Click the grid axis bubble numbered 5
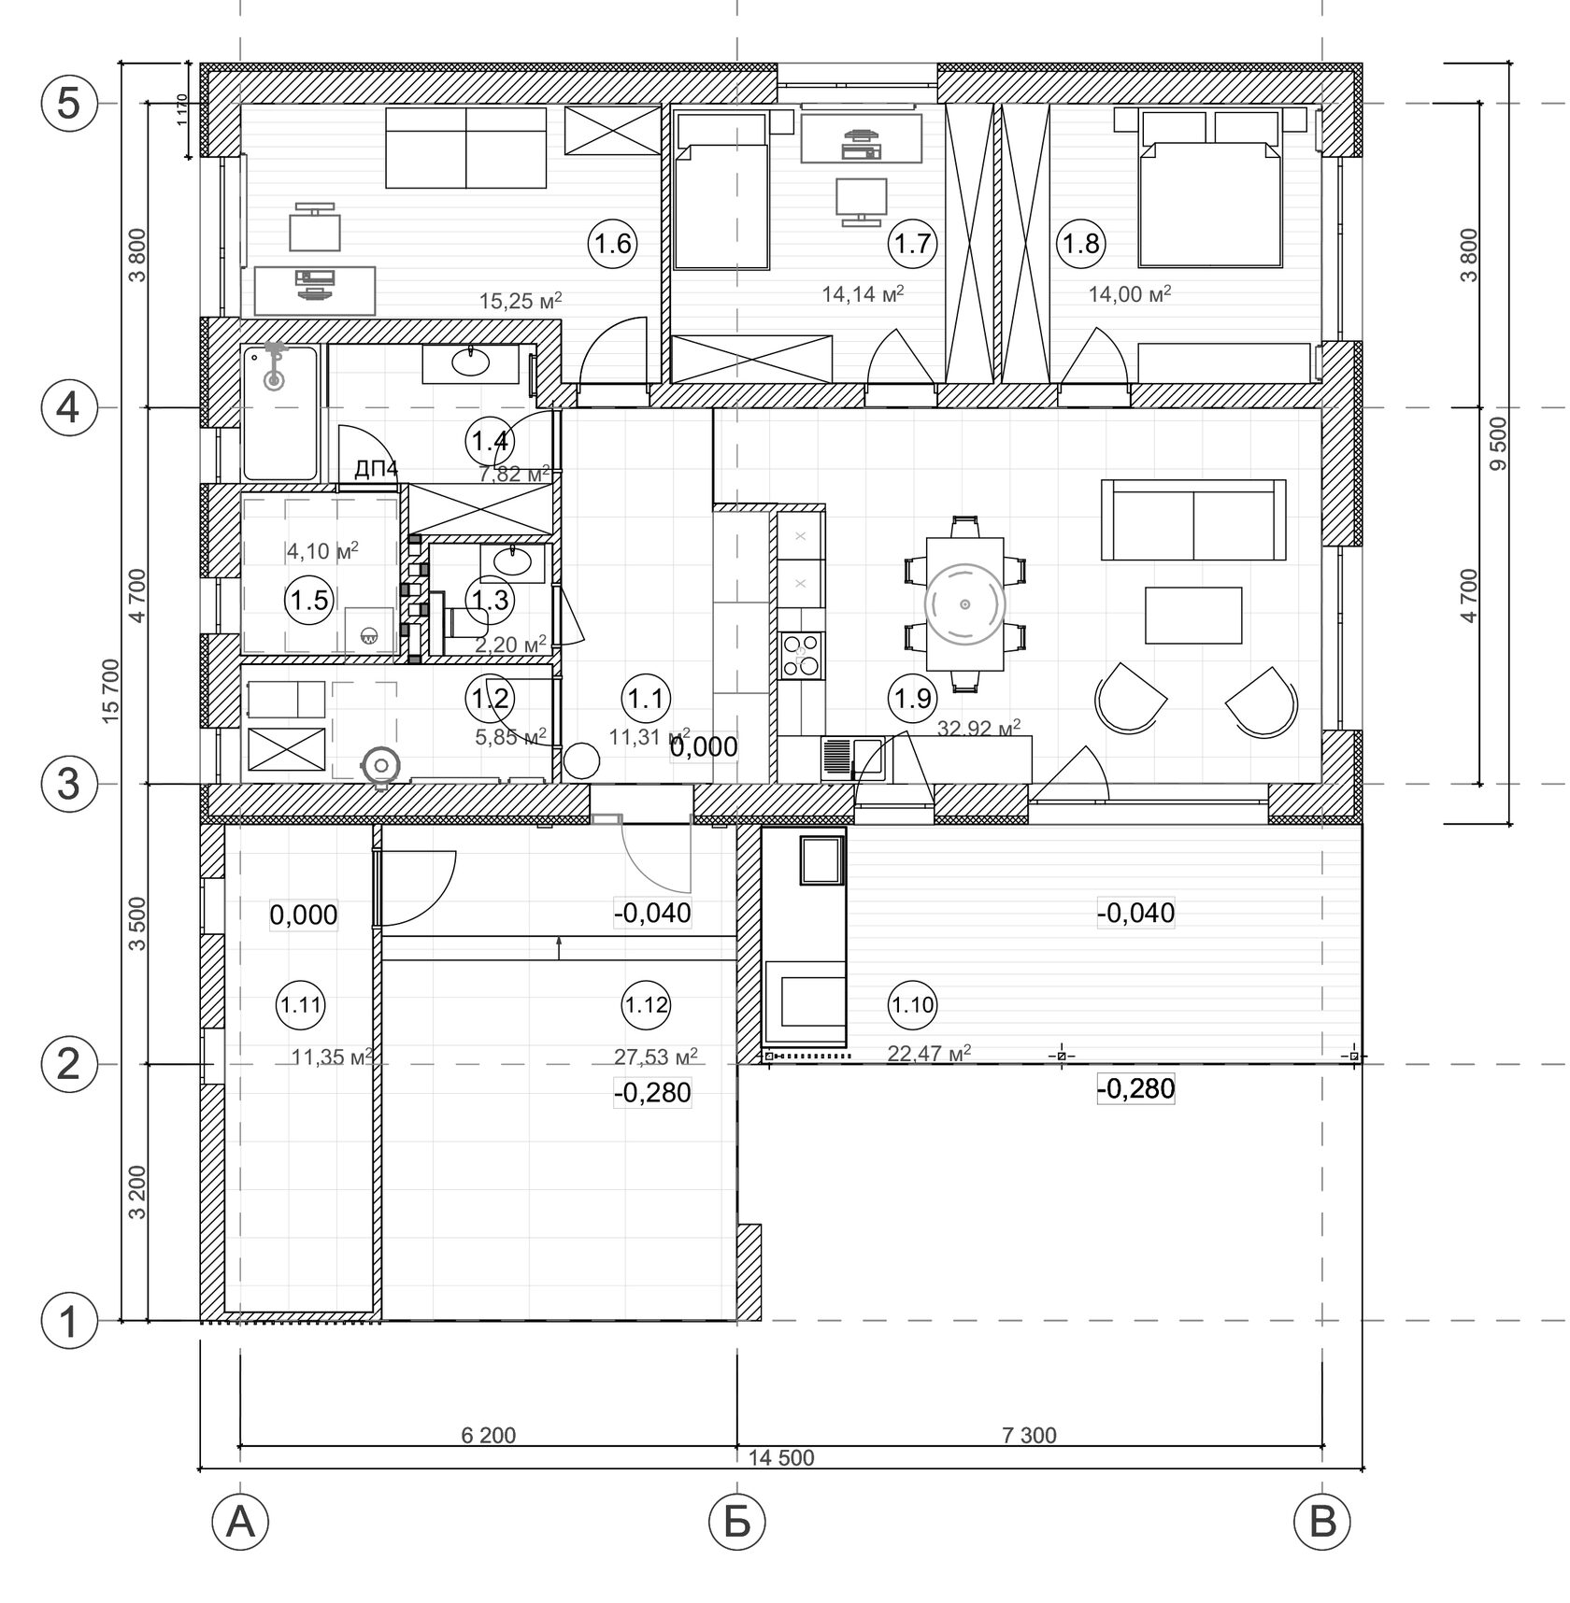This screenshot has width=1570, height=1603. pos(69,104)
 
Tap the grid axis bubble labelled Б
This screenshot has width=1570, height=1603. pos(737,1523)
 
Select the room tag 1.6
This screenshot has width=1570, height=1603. pos(613,244)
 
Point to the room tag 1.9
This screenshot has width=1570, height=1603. pos(911,697)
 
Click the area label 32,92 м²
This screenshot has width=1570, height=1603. pos(978,728)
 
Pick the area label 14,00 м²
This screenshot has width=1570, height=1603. pos(1130,294)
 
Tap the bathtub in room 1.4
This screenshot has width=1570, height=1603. pos(279,413)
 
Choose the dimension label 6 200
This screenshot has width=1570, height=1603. pos(488,1435)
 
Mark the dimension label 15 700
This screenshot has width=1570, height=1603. pos(111,691)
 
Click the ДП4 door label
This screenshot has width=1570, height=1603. pos(376,470)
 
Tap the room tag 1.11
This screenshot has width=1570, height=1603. pos(301,1005)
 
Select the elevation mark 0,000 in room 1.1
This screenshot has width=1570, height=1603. pos(703,746)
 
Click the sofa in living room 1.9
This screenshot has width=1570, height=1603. pos(1193,519)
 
